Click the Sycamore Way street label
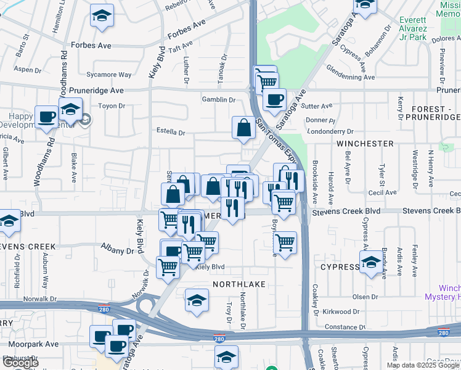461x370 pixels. pyautogui.click(x=109, y=75)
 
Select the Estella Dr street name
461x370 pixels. pyautogui.click(x=171, y=132)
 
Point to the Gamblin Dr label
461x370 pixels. pyautogui.click(x=219, y=100)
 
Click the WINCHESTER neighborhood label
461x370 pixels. pyautogui.click(x=365, y=144)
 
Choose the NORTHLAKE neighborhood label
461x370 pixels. pyautogui.click(x=239, y=284)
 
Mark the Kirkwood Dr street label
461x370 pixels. pyautogui.click(x=343, y=312)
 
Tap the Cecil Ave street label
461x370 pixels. pyautogui.click(x=382, y=192)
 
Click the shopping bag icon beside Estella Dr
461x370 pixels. pyautogui.click(x=244, y=128)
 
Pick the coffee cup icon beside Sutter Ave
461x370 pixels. pyautogui.click(x=274, y=99)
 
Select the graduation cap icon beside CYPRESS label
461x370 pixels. pyautogui.click(x=371, y=263)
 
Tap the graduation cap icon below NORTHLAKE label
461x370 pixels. pyautogui.click(x=197, y=300)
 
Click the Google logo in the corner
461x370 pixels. pyautogui.click(x=20, y=363)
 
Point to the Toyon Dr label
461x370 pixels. pyautogui.click(x=112, y=106)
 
